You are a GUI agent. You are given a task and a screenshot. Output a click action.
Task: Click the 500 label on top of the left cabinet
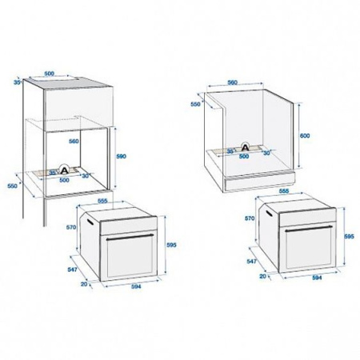[x=49, y=74]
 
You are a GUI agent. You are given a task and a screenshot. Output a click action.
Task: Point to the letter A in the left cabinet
[x=66, y=170]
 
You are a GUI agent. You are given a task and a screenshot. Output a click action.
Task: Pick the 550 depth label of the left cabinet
[x=12, y=186]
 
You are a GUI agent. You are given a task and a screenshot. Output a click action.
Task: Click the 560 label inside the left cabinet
[x=73, y=140]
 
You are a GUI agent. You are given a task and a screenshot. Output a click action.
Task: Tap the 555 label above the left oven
[x=102, y=200]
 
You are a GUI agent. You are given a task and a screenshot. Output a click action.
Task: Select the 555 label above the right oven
[x=282, y=192]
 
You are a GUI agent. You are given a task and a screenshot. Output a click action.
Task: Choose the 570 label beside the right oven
[x=250, y=218]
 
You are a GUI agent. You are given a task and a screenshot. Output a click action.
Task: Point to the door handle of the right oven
[x=306, y=229]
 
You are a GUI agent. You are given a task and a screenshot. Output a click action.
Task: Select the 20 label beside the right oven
[x=264, y=274]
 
